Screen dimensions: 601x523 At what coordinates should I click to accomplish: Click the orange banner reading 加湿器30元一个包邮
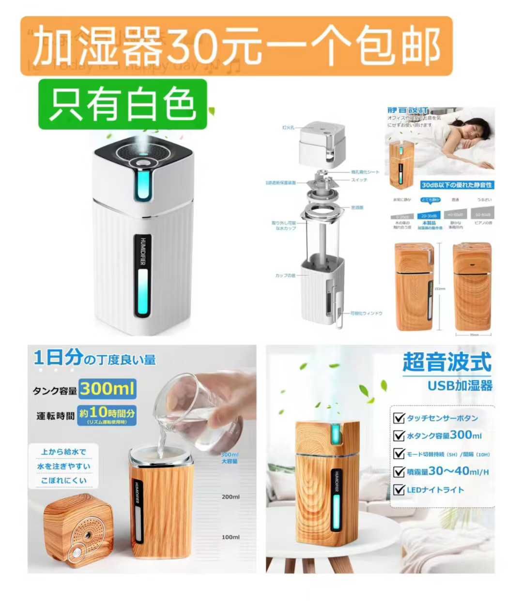(x=236, y=46)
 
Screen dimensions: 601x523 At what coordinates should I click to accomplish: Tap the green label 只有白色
(x=123, y=104)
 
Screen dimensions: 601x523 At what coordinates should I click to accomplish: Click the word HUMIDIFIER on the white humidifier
(x=143, y=251)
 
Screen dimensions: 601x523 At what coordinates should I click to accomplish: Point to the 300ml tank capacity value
(x=108, y=389)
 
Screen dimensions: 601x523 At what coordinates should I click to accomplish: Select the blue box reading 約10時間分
(x=107, y=414)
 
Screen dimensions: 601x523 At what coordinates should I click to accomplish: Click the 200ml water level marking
(x=231, y=497)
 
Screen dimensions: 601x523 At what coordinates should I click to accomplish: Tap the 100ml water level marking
(x=231, y=537)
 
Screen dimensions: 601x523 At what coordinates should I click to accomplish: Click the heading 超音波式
(x=446, y=362)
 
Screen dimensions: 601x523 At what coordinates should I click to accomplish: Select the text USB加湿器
(x=460, y=386)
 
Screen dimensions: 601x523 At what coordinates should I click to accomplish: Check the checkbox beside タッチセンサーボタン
(x=399, y=418)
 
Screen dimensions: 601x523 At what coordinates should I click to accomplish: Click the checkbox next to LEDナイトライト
(x=399, y=490)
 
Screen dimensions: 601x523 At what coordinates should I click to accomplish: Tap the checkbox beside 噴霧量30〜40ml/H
(x=399, y=471)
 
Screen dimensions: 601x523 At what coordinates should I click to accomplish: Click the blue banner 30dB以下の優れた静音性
(x=457, y=185)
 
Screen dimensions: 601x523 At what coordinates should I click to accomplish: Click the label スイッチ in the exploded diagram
(x=359, y=180)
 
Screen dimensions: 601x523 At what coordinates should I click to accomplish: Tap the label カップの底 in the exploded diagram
(x=285, y=276)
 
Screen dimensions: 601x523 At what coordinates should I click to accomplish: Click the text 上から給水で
(x=63, y=452)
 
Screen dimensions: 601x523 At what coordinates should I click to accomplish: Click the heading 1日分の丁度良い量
(x=94, y=359)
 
